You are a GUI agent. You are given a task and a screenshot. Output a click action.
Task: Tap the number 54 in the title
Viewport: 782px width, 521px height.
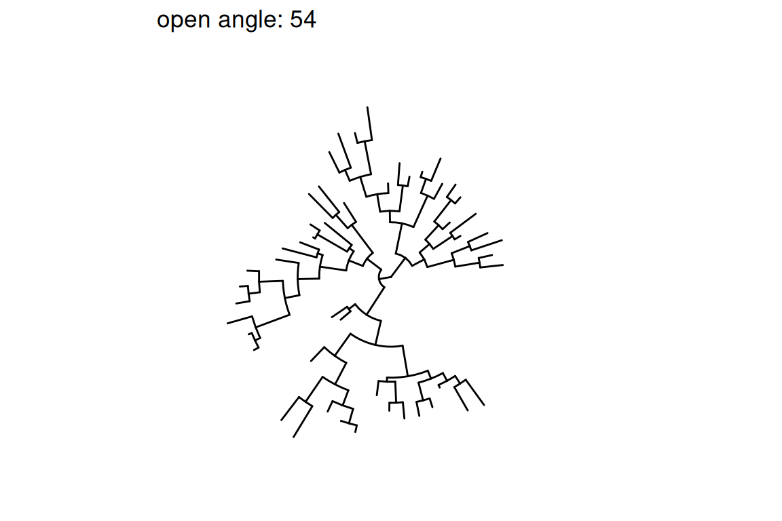coord(303,20)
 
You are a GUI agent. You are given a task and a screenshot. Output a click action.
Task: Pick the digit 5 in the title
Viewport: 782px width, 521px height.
coord(297,20)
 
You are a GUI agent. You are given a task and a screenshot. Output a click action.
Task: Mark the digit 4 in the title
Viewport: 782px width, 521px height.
coord(310,20)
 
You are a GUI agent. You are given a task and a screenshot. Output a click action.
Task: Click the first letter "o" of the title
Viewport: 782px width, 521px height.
coord(163,22)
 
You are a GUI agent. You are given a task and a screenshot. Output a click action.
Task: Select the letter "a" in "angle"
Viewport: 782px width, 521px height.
coord(225,22)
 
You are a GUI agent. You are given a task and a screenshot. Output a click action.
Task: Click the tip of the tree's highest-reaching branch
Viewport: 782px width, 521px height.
coord(367,107)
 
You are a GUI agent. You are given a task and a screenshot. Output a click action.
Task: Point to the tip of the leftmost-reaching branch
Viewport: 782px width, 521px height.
coord(227,324)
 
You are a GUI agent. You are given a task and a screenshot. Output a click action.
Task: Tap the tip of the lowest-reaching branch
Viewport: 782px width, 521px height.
coord(294,438)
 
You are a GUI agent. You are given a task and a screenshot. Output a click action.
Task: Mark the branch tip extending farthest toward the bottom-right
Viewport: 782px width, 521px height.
coord(484,405)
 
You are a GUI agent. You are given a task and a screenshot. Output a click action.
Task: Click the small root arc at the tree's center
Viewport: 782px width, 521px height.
coord(381,278)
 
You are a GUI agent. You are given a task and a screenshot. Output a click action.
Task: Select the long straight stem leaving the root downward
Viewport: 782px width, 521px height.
coord(375,300)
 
